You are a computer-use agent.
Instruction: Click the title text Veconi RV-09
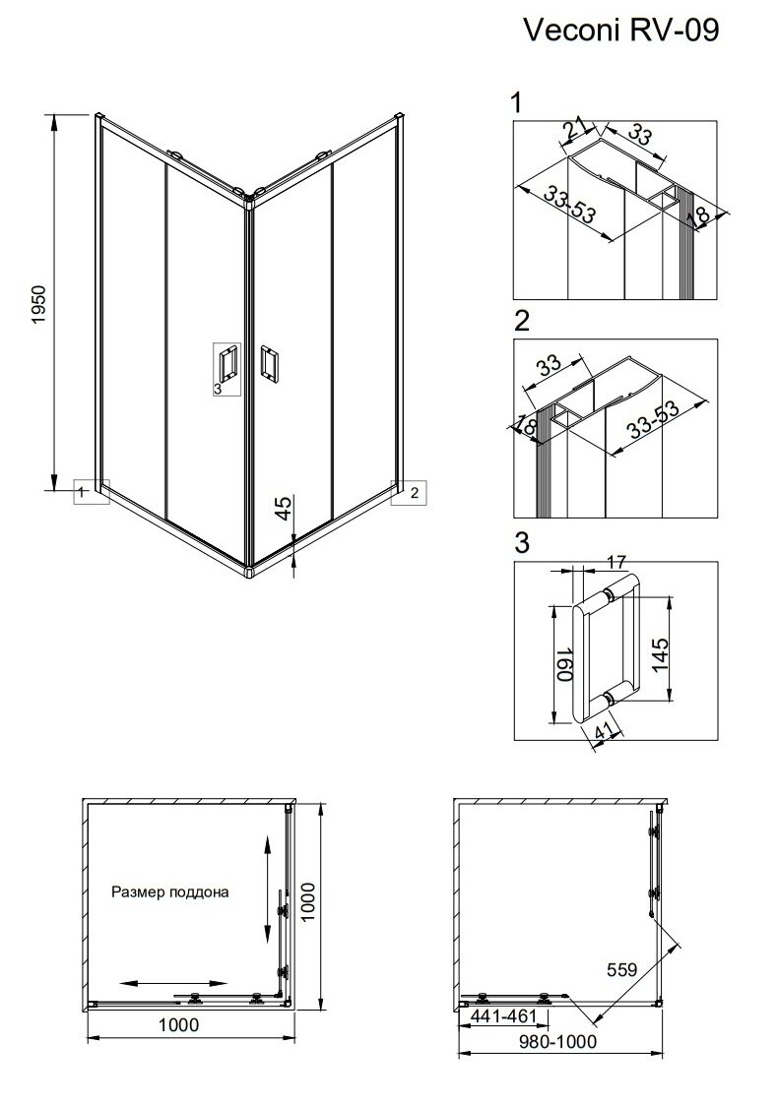[x=620, y=31]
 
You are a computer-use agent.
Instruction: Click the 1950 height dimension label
[x=38, y=304]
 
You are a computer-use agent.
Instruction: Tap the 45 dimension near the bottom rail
[x=282, y=508]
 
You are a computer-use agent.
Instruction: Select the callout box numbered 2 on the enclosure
[x=409, y=493]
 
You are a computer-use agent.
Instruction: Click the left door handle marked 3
[x=227, y=365]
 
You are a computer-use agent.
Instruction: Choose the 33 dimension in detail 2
[x=549, y=365]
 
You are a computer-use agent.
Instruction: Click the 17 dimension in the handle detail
[x=615, y=563]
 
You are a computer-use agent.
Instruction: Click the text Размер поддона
[x=170, y=892]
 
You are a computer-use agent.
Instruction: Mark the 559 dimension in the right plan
[x=621, y=969]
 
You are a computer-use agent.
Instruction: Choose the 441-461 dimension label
[x=499, y=1015]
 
